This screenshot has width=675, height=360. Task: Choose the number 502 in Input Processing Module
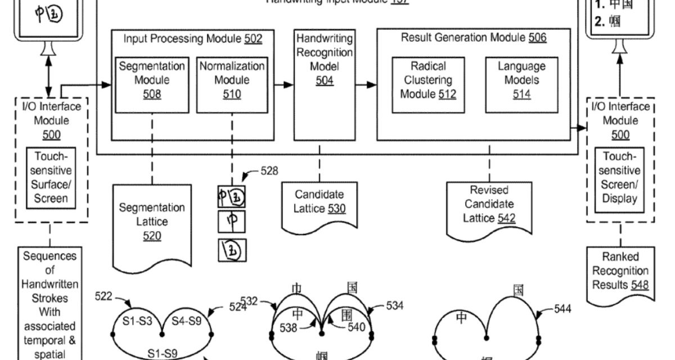253,38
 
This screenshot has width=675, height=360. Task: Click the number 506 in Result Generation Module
537,38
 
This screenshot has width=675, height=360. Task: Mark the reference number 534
395,306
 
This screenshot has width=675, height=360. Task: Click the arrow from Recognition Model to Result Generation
365,84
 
